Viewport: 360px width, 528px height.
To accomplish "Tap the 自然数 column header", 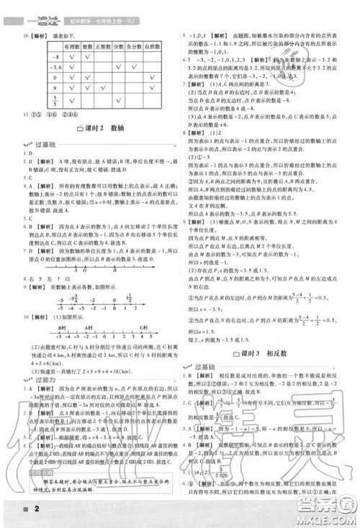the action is point(152,45).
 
